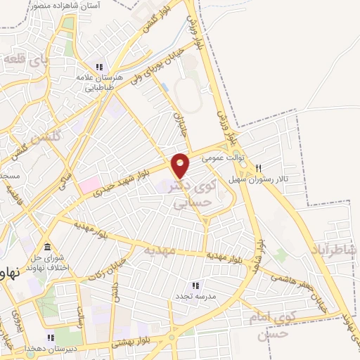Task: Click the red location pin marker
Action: (x=181, y=165)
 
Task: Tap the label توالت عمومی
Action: (x=223, y=158)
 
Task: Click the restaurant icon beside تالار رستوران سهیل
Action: (x=259, y=169)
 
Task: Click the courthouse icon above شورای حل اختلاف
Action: (x=47, y=247)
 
